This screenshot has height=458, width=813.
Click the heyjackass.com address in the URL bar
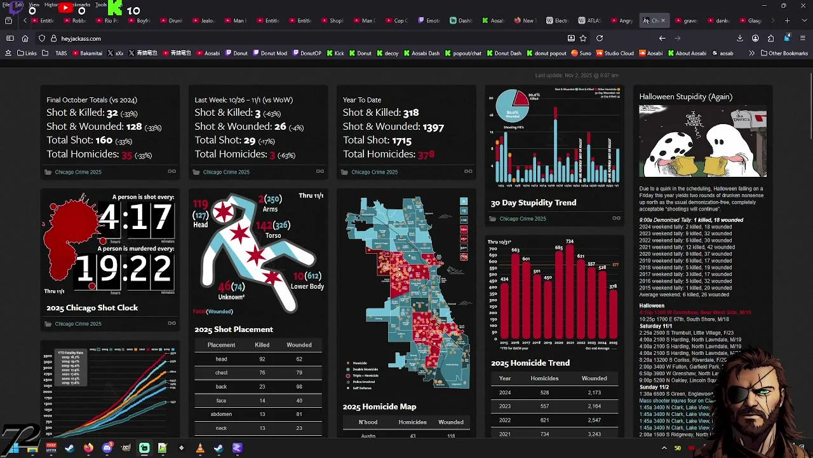tap(81, 39)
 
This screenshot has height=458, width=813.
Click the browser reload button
tap(599, 38)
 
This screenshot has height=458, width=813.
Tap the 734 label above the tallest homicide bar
tap(570, 242)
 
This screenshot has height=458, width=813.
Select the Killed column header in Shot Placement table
tap(262, 345)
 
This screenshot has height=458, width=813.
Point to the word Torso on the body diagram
tap(273, 235)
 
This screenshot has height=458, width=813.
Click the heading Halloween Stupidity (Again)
tap(685, 97)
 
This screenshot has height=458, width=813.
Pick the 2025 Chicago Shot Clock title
tap(92, 308)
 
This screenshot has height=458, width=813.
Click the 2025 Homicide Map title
tap(379, 406)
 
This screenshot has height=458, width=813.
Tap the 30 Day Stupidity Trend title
tap(533, 203)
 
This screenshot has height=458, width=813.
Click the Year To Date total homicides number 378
tap(426, 155)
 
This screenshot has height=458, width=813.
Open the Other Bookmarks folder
tap(784, 53)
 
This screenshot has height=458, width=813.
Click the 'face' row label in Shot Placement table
tap(221, 401)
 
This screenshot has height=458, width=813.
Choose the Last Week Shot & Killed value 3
tap(258, 113)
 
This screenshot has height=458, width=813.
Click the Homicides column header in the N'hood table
tap(412, 422)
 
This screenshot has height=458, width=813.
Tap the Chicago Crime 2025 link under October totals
tap(77, 172)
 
